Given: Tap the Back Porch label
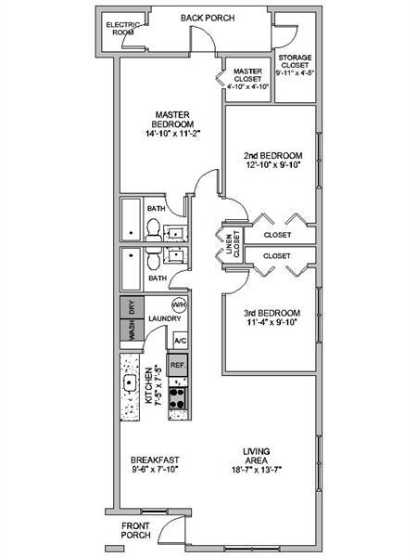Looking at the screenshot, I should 207,18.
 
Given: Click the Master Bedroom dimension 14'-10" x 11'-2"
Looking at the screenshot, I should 172,134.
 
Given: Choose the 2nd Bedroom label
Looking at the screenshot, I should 272,155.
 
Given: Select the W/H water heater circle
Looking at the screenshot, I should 179,306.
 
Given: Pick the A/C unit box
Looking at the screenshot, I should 180,341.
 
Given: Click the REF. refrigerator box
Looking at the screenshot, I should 178,365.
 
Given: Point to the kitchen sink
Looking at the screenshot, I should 131,382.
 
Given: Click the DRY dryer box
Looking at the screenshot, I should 131,307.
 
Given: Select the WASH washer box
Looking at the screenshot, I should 131,331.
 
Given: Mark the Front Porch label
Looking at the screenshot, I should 136,531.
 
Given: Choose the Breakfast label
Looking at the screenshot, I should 154,460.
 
